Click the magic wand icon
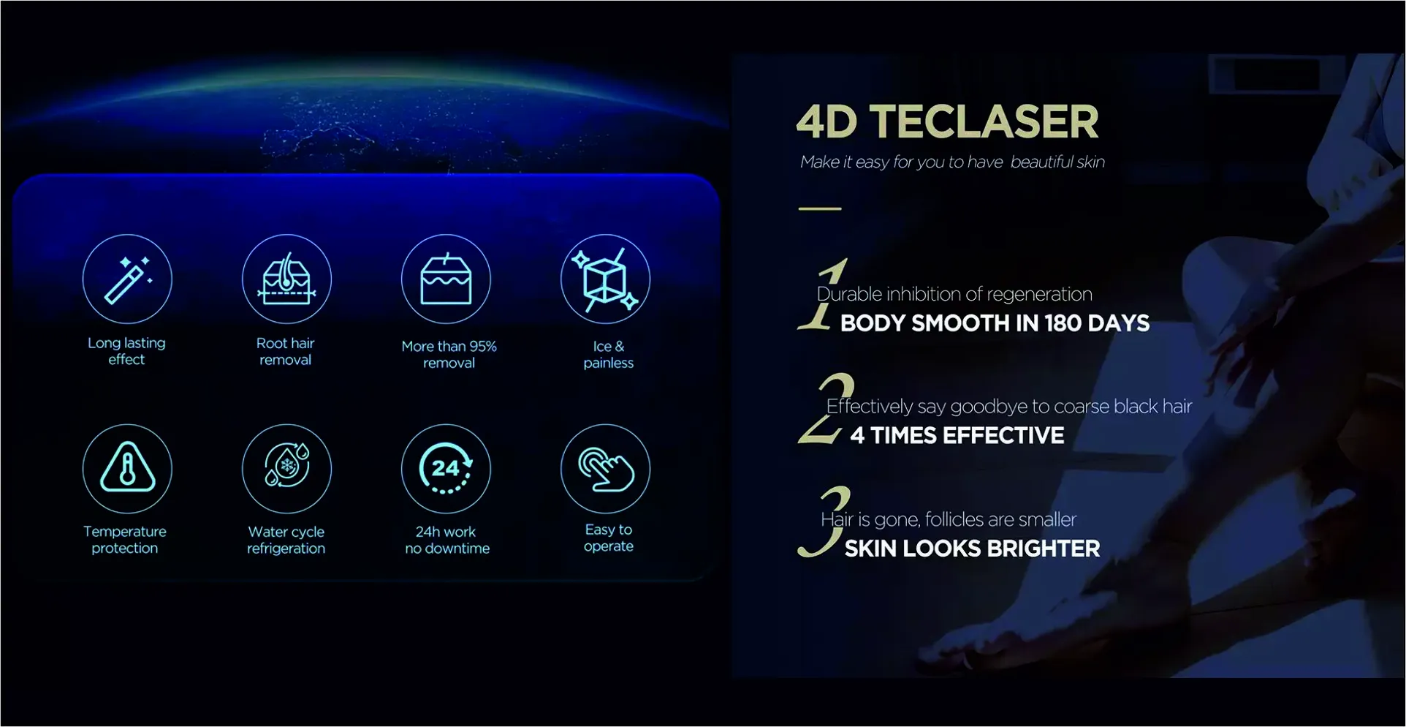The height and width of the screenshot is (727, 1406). (127, 279)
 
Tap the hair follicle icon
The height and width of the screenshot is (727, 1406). (286, 279)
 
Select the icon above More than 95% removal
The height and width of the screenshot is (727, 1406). (446, 279)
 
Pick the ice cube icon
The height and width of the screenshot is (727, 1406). (605, 279)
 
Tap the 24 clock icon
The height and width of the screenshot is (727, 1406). (446, 469)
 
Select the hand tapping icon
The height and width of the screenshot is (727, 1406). (605, 469)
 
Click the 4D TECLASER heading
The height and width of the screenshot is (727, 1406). (947, 121)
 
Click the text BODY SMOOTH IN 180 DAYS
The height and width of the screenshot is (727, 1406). (995, 323)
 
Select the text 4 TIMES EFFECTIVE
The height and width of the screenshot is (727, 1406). (957, 436)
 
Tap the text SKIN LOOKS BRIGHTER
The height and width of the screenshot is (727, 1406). (972, 549)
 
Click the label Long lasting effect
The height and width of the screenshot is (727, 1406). (126, 351)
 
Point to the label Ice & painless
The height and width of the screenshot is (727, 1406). (609, 355)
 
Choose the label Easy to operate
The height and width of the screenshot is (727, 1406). (609, 538)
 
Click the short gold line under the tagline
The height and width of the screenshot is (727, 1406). (820, 208)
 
